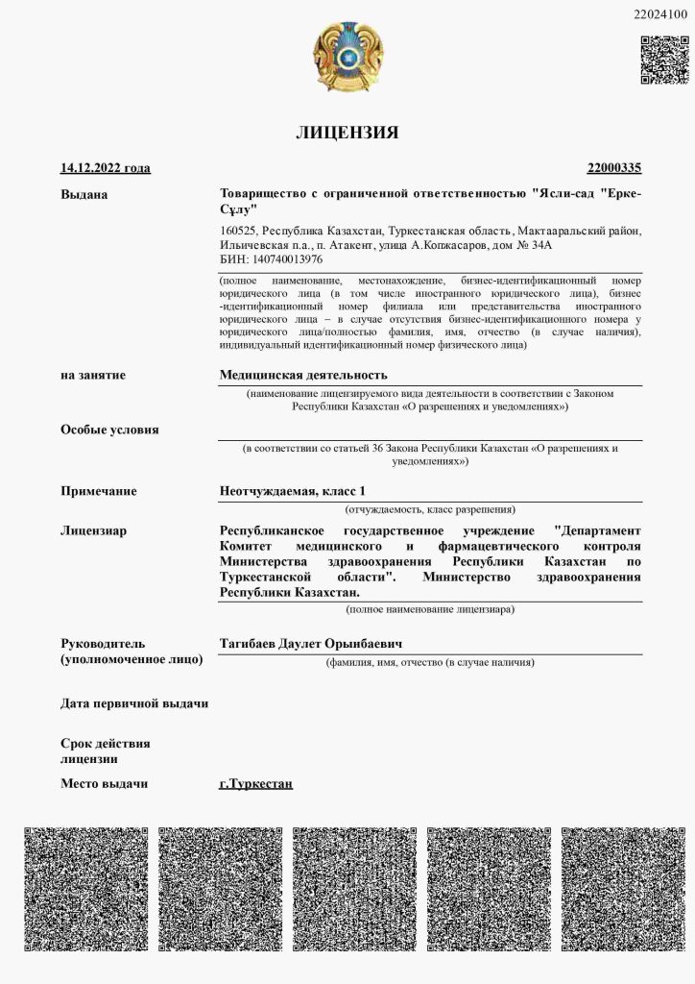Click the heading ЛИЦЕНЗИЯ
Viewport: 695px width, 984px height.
pyautogui.click(x=347, y=133)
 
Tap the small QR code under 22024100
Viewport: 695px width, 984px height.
pyautogui.click(x=664, y=60)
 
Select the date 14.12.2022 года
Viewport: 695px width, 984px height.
pyautogui.click(x=106, y=168)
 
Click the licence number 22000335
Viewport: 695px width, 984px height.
pyautogui.click(x=614, y=168)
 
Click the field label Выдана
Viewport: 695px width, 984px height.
pyautogui.click(x=84, y=195)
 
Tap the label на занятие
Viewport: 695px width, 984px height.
pyautogui.click(x=93, y=375)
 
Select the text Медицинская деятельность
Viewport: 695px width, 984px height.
pyautogui.click(x=303, y=375)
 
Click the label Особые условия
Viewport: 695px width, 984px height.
pyautogui.click(x=109, y=430)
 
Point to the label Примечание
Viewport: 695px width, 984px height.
pyautogui.click(x=99, y=491)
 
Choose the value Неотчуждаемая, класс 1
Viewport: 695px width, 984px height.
pyautogui.click(x=292, y=491)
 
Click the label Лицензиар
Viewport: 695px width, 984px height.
pyautogui.click(x=94, y=530)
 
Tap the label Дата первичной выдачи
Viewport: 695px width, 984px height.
pyautogui.click(x=134, y=703)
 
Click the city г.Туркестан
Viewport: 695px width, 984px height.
pyautogui.click(x=255, y=783)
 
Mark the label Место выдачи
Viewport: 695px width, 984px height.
pyautogui.click(x=105, y=783)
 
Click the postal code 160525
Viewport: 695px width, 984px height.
pyautogui.click(x=238, y=232)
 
